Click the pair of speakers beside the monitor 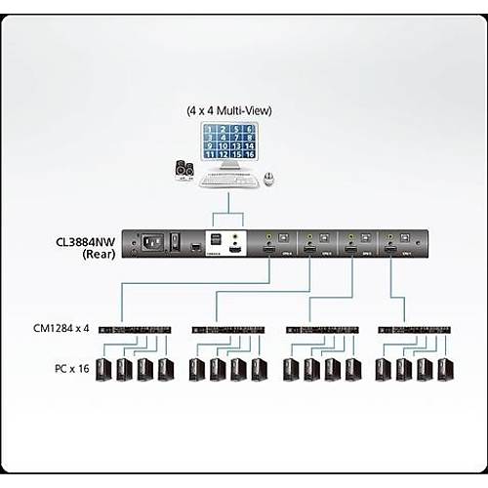tap(184, 170)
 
